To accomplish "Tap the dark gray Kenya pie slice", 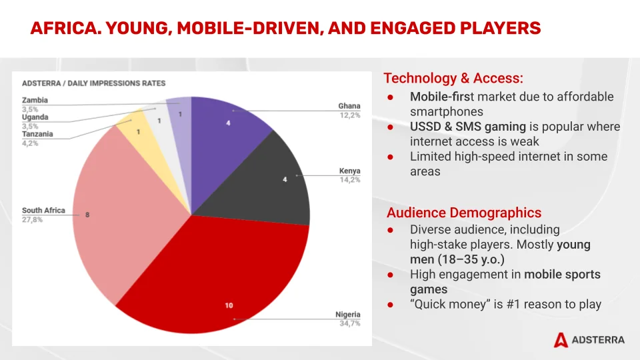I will (x=267, y=180).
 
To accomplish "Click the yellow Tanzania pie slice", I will (x=136, y=129).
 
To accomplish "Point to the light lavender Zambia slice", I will (x=179, y=111).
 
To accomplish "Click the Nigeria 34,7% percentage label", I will (x=348, y=324).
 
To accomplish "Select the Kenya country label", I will (x=349, y=171).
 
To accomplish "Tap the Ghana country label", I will (x=349, y=106).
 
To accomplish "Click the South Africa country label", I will (x=43, y=211).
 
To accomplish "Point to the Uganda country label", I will (x=35, y=117).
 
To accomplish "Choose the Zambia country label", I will (x=35, y=101).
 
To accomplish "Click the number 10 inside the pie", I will (x=229, y=305).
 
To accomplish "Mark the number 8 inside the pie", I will (x=87, y=215).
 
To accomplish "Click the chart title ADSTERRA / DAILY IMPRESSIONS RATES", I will (x=93, y=83).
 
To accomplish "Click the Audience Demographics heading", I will (x=464, y=213).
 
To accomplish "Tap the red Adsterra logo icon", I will (x=561, y=340).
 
